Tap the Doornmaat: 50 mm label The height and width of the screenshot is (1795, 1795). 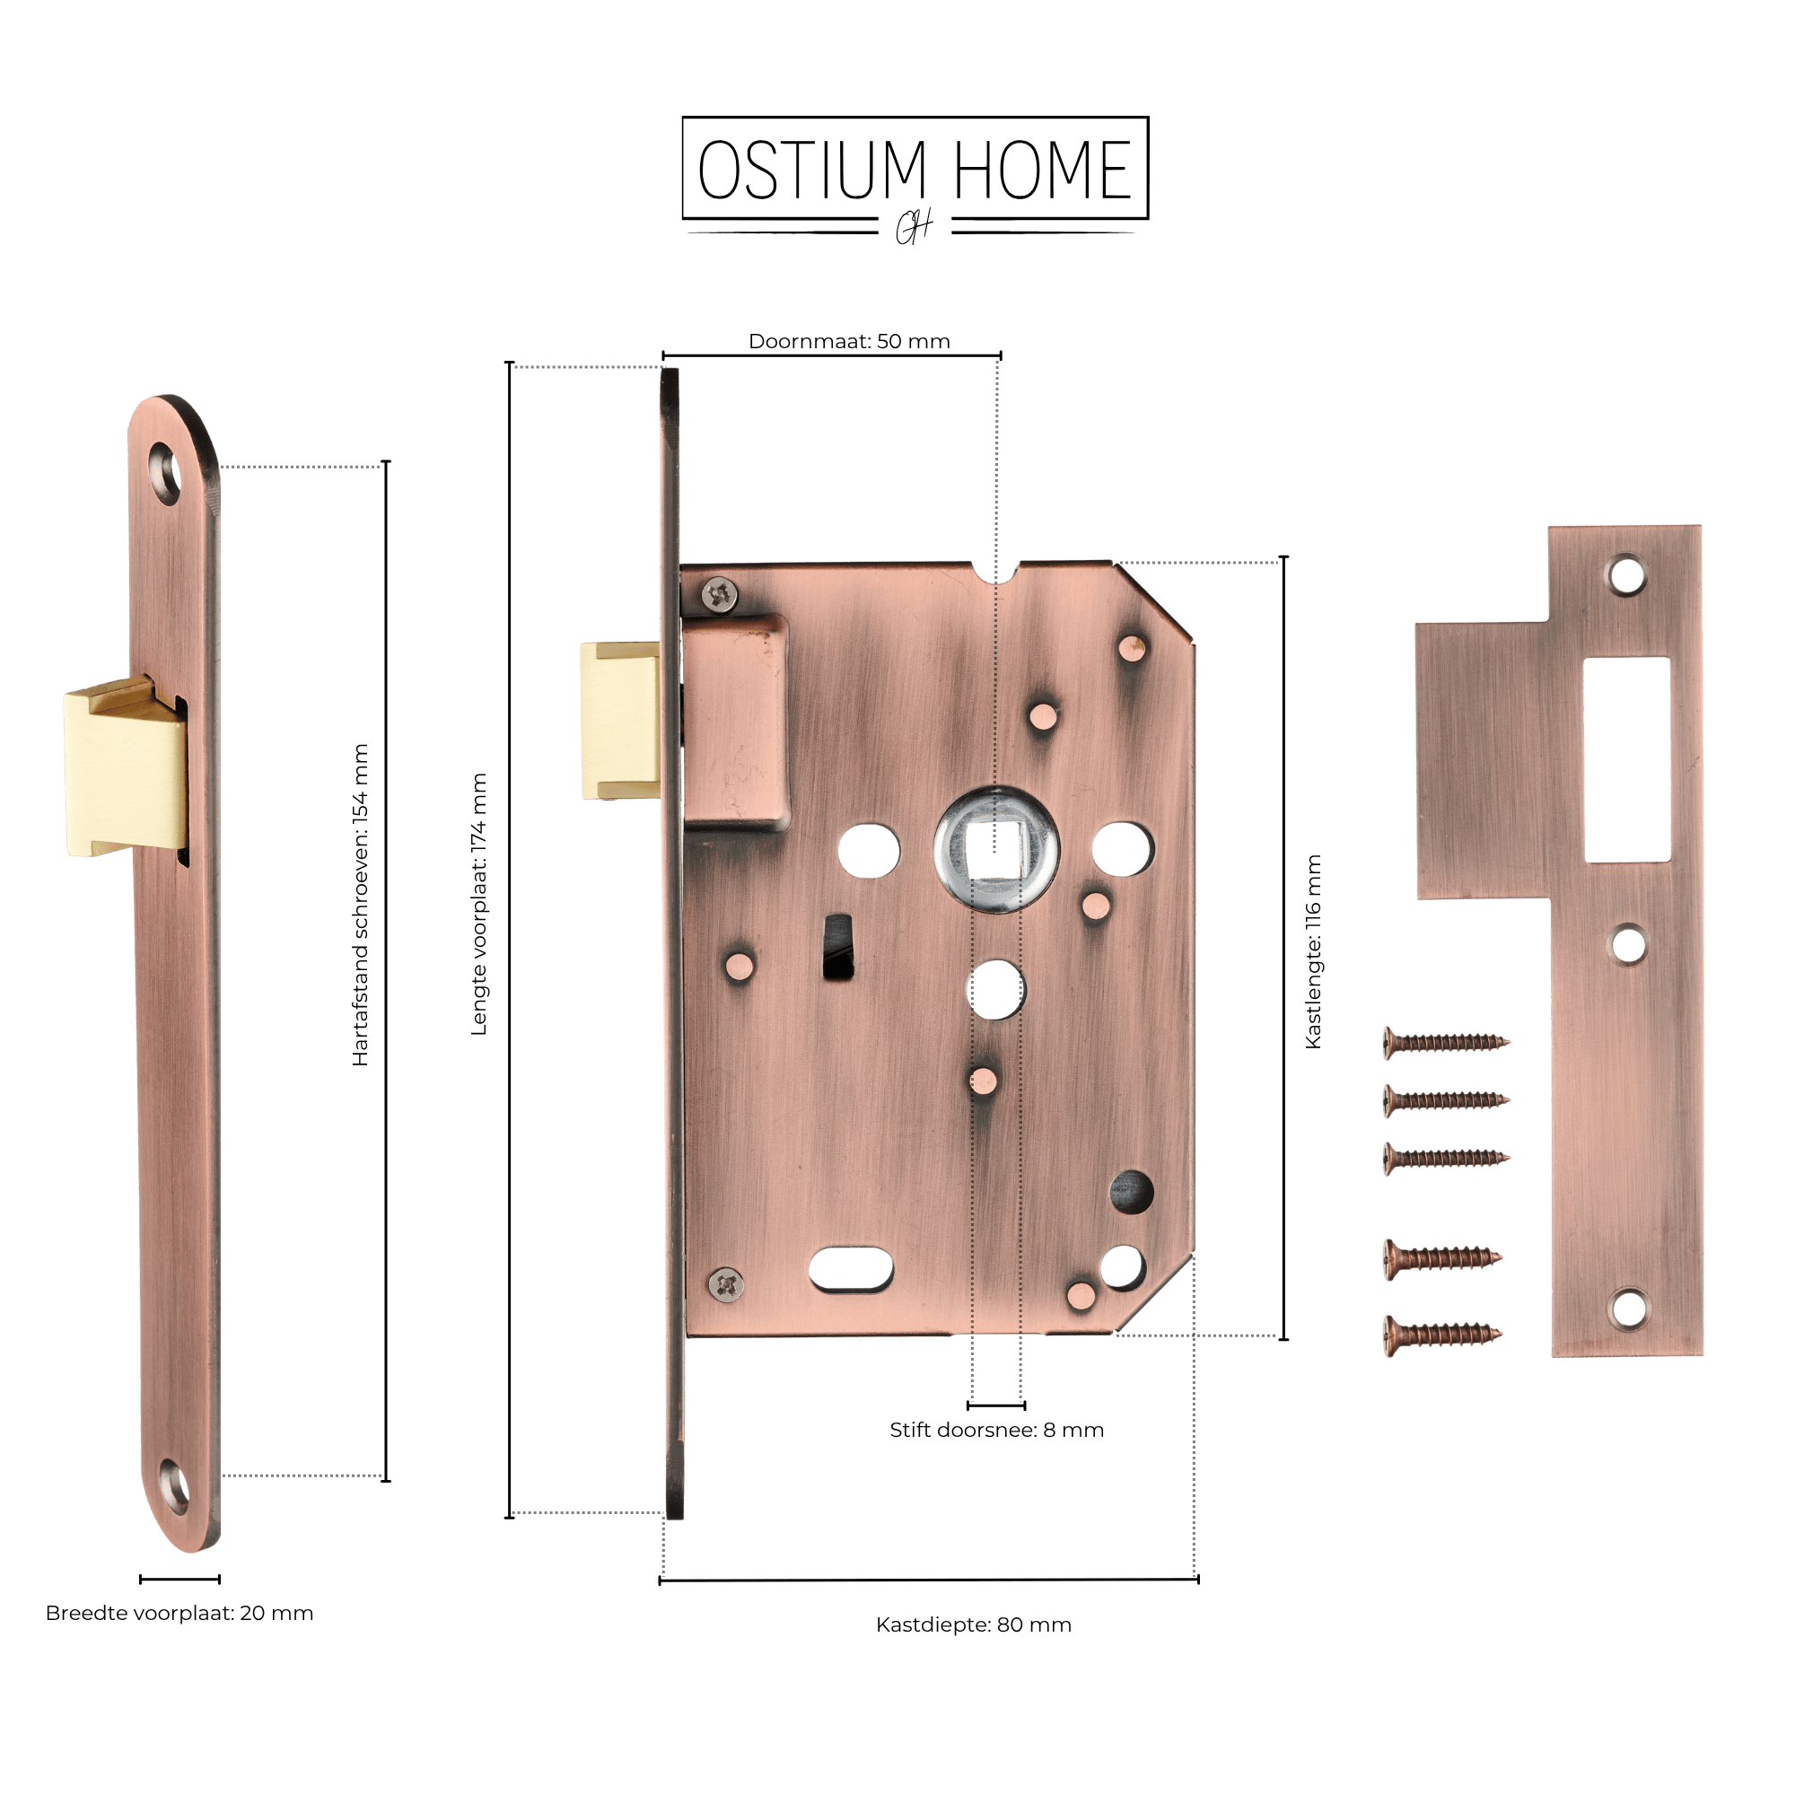point(849,341)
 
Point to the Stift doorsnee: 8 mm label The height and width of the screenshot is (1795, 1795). point(997,1430)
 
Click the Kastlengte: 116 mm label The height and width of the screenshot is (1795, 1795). point(1313,952)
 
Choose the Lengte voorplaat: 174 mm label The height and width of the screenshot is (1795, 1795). point(478,904)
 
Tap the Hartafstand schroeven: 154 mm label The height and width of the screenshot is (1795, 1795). point(361,904)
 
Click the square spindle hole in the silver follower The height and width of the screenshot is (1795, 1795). point(995,850)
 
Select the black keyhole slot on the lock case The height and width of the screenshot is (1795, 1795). point(838,947)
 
